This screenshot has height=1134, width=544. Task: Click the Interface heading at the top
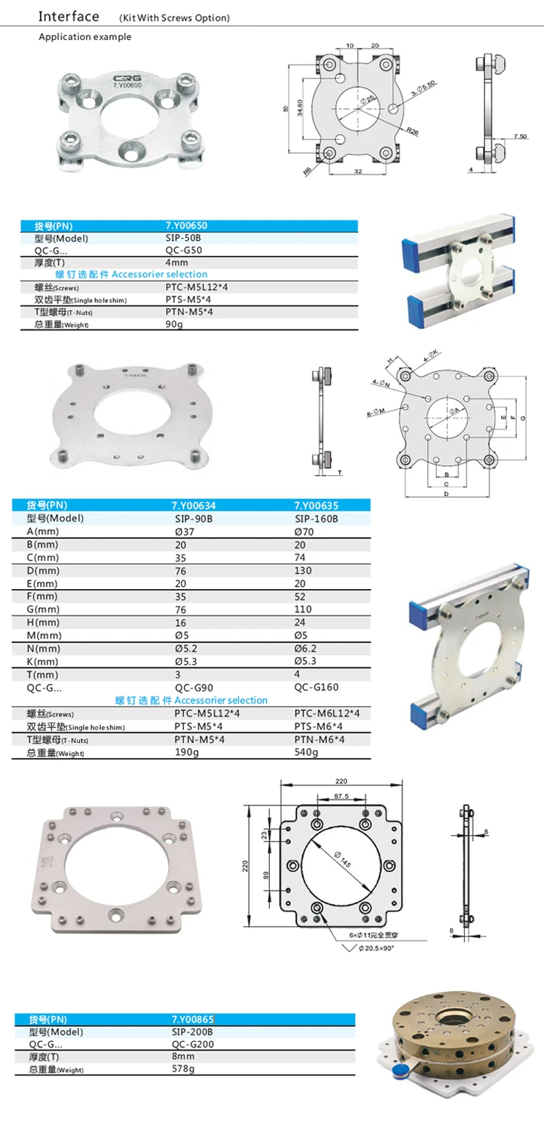coord(68,16)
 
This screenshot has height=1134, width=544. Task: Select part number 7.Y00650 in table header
coord(186,226)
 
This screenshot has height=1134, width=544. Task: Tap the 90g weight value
coord(175,324)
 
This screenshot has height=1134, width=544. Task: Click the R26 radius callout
coord(413,131)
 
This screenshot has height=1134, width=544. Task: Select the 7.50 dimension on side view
coord(519,136)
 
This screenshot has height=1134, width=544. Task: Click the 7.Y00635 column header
coord(316,506)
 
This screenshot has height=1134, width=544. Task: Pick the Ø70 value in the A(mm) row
coord(305,532)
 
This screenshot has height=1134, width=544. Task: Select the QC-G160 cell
coord(316,687)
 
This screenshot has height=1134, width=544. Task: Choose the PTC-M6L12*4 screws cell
coord(326,713)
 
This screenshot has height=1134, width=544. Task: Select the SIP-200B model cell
coord(191,1031)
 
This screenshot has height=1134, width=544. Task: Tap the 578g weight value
coord(180,1069)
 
